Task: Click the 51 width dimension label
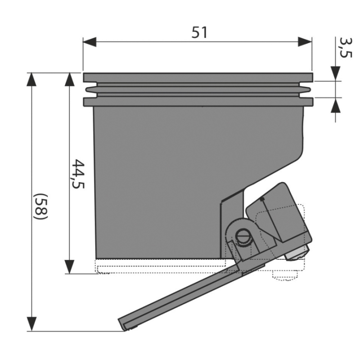tap(199, 32)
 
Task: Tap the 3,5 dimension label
tap(345, 48)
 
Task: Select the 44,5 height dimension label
tap(78, 174)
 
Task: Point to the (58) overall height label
tap(40, 207)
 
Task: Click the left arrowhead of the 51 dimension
tap(90, 42)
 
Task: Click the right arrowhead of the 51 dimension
tap(305, 42)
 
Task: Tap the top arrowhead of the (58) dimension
tap(31, 80)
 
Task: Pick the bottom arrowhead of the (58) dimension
tap(31, 324)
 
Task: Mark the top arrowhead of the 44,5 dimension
tap(69, 80)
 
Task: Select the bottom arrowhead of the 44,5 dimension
tap(69, 267)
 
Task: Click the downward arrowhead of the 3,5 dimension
tap(335, 73)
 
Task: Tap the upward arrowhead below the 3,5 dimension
tap(335, 105)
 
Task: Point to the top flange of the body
tap(198, 77)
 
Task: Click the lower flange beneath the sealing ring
tap(198, 102)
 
